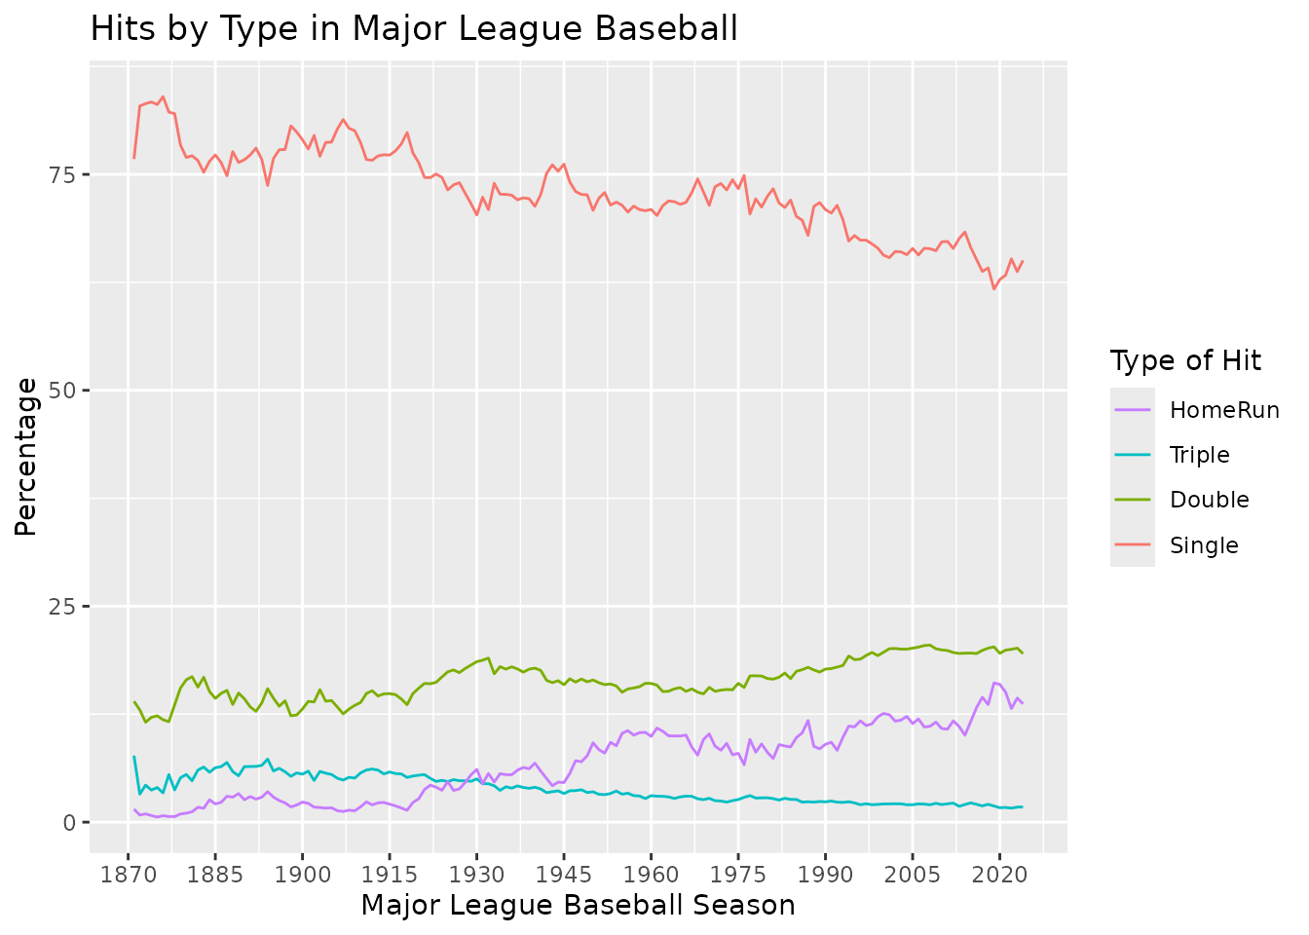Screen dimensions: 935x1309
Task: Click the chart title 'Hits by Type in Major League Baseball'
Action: [x=414, y=29]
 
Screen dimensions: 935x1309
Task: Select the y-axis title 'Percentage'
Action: [x=26, y=457]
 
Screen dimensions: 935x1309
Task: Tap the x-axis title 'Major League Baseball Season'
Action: [x=578, y=906]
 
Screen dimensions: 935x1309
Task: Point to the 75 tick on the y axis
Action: [x=65, y=174]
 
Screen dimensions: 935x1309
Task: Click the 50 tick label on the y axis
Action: [x=65, y=391]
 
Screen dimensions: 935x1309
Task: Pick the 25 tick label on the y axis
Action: [x=65, y=607]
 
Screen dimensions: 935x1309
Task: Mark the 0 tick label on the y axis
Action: [x=71, y=823]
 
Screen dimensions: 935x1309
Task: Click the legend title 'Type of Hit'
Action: [x=1185, y=361]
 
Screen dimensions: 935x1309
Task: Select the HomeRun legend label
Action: [x=1224, y=410]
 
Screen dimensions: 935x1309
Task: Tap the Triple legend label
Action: [x=1200, y=455]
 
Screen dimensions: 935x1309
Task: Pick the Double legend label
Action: [x=1209, y=500]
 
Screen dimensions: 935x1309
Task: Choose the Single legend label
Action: [x=1204, y=545]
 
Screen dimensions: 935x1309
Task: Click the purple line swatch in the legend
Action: [x=1133, y=410]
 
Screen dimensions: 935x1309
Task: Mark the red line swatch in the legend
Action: [x=1133, y=545]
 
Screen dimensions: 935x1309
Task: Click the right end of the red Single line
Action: [x=1022, y=261]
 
